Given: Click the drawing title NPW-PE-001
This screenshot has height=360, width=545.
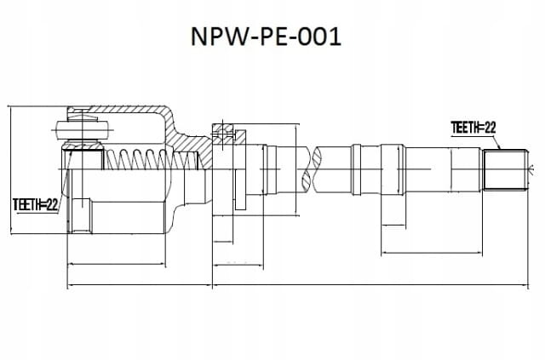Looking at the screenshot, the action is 266,37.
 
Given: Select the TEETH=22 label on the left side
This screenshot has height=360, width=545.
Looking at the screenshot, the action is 35,205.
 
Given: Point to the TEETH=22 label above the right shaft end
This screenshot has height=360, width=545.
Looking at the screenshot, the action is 473,128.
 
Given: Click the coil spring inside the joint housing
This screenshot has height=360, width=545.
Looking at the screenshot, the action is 152,159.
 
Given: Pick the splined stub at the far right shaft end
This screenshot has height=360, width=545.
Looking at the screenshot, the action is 505,170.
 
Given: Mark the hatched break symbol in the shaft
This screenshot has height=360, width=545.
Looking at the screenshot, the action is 312,169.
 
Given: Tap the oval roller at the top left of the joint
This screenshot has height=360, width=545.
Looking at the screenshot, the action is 82,131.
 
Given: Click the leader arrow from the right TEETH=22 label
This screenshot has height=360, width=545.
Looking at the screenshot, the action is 496,142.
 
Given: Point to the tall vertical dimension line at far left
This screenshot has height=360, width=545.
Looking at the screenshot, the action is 11,170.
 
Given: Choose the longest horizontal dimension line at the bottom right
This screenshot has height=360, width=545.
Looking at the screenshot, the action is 370,286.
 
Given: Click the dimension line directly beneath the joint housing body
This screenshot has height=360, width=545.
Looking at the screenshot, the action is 117,265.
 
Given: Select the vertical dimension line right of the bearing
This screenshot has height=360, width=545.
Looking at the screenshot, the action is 295,170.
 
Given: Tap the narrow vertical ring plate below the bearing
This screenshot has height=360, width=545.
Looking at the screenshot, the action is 240,190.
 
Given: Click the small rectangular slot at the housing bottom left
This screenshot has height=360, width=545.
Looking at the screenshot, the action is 82,214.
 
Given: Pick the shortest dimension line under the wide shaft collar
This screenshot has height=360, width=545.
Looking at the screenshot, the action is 393,226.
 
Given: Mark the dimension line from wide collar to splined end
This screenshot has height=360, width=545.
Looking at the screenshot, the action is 432,253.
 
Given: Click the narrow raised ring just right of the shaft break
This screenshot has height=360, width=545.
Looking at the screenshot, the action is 356,169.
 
